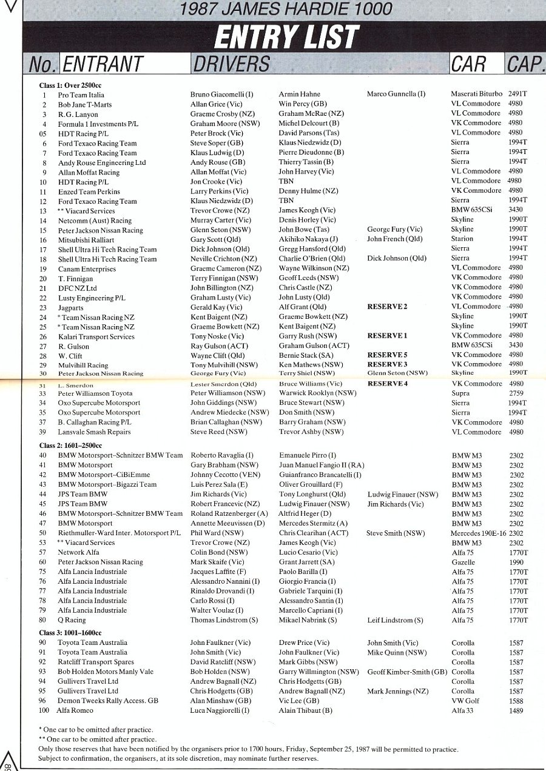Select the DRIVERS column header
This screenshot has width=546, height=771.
231,64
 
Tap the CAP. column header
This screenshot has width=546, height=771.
524,64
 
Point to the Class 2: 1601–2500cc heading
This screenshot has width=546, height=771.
70,446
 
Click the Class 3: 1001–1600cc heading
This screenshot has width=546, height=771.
70,633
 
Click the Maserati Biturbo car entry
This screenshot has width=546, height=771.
476,94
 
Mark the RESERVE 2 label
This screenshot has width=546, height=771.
387,307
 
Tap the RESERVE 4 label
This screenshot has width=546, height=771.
387,384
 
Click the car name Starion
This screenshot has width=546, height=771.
462,239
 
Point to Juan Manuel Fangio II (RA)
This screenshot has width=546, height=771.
322,465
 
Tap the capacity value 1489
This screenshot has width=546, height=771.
516,710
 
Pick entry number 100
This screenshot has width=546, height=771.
44,710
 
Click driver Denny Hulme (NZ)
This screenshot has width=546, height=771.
308,192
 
